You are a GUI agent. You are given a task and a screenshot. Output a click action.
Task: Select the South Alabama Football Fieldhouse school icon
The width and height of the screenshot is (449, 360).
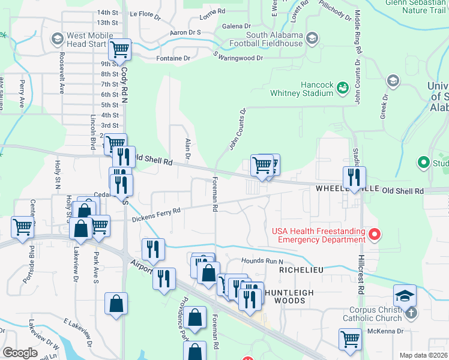312,39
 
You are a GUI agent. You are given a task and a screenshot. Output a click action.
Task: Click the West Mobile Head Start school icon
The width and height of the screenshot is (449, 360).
58,40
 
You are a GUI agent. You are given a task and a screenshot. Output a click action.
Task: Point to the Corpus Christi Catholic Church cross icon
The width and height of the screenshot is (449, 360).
411,313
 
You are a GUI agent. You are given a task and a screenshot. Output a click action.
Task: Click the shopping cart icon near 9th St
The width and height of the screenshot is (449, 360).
120,49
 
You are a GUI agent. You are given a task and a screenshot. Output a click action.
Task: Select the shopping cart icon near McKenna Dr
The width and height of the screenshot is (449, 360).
350,338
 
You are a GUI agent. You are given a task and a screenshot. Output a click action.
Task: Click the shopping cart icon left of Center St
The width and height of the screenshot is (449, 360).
22,227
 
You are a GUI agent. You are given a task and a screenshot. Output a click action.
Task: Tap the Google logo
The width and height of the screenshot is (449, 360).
20,353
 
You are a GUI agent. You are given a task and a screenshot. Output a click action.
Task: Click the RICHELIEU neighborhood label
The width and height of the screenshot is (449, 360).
301,271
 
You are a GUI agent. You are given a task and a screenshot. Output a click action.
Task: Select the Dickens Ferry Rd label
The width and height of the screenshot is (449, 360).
156,215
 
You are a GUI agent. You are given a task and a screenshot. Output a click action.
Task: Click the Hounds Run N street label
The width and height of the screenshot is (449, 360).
262,261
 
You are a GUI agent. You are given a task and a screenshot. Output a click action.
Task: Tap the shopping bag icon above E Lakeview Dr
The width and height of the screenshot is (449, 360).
116,304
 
